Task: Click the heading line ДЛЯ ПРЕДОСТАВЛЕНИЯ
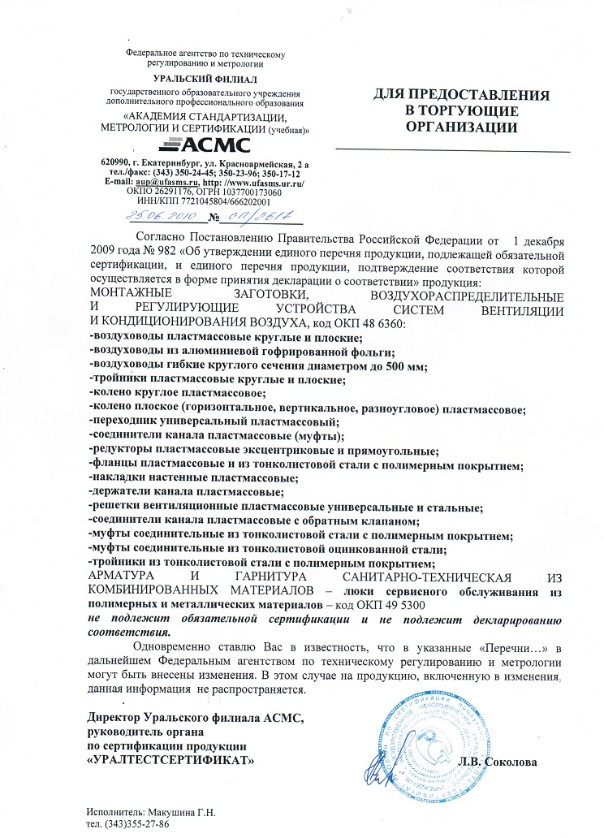[x=461, y=95]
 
